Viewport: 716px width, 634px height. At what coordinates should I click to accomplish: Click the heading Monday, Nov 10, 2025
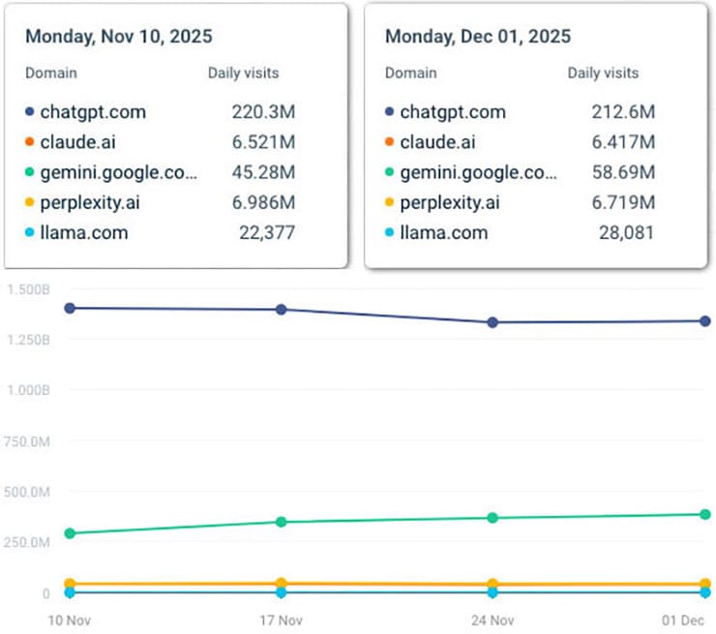(x=119, y=38)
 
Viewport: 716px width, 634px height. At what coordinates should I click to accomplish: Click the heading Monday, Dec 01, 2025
(x=478, y=38)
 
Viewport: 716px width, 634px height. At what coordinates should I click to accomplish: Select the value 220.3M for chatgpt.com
(x=263, y=111)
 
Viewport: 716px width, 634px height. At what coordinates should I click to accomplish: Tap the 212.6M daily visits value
(x=623, y=111)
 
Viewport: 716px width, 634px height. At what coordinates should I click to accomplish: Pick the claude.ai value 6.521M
(x=263, y=142)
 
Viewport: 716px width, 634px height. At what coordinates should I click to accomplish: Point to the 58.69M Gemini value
(x=623, y=172)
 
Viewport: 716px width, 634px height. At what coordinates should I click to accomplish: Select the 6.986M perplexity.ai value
(x=263, y=202)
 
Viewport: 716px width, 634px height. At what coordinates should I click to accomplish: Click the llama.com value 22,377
(x=267, y=232)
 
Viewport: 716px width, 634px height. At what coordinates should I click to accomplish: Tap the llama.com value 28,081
(x=627, y=232)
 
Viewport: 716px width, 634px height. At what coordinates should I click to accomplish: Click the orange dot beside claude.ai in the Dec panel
(x=390, y=142)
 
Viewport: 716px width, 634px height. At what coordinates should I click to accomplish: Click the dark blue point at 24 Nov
(x=492, y=322)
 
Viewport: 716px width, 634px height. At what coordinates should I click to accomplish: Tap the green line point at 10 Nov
(x=70, y=533)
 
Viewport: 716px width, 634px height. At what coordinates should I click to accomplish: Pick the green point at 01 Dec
(x=705, y=514)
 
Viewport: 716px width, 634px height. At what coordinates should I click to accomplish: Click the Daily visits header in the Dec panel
(x=603, y=73)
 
